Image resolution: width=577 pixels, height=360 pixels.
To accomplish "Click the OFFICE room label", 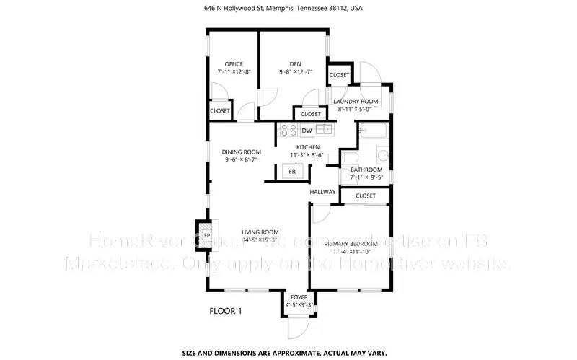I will [x=233, y=63].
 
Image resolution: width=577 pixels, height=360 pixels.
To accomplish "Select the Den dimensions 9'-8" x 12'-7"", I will [x=294, y=72].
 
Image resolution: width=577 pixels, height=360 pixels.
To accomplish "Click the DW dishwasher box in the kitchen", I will [x=307, y=131].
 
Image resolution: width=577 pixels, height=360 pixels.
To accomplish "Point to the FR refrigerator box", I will [x=293, y=172].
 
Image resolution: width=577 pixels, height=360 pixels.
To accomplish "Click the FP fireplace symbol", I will [x=206, y=235].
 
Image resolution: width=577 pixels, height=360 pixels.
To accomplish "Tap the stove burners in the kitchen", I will [x=288, y=130].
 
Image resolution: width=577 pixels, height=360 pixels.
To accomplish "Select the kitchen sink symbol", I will [x=325, y=130].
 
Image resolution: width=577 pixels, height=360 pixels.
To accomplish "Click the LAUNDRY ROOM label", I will [x=355, y=102].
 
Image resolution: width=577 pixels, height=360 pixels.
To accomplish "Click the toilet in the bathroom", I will [x=349, y=159].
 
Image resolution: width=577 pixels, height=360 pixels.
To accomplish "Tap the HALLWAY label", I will [x=322, y=192].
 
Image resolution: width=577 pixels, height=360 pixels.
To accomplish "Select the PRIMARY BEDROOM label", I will [x=351, y=244].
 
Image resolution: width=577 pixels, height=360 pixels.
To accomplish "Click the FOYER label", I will [x=298, y=297].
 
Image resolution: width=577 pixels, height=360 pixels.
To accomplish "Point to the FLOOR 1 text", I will [x=226, y=312].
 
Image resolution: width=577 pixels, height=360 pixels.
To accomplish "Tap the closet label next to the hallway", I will [x=366, y=196].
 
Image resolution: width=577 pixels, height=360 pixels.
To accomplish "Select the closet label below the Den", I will [x=311, y=114].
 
